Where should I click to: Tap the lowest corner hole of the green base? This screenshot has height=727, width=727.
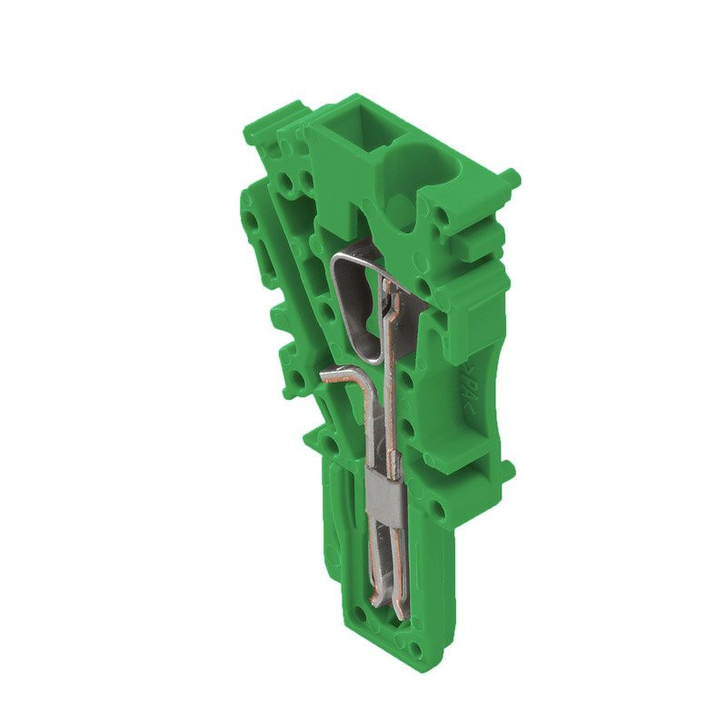click(x=416, y=651)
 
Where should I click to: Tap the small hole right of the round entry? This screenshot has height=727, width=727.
click(x=444, y=217)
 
